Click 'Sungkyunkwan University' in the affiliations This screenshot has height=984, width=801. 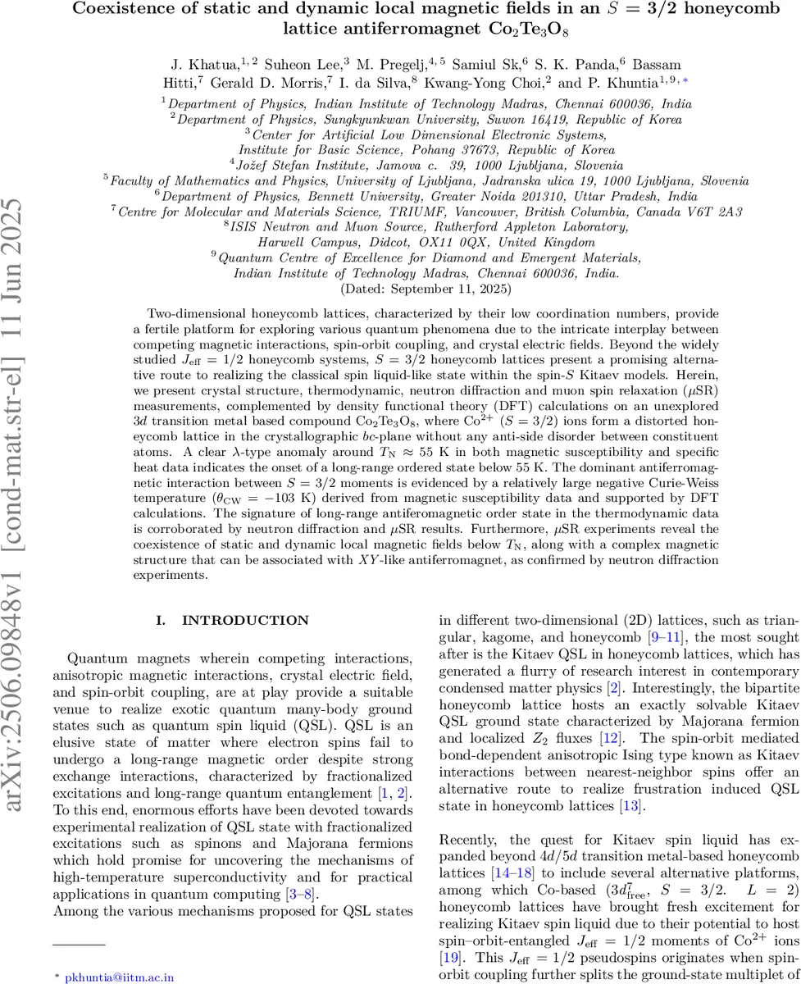tap(336, 118)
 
